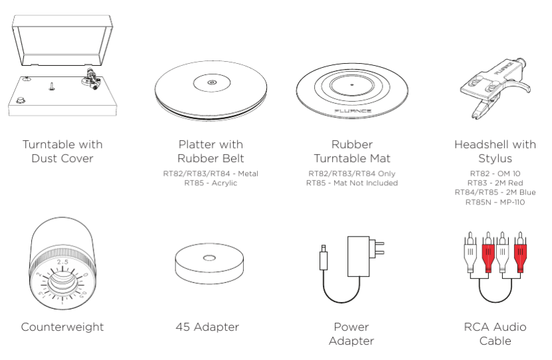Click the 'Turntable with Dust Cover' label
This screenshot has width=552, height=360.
click(x=62, y=151)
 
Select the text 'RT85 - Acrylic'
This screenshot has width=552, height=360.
click(x=211, y=183)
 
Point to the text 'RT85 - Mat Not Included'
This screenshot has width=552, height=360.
click(x=351, y=183)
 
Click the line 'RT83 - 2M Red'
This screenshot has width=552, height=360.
click(x=495, y=183)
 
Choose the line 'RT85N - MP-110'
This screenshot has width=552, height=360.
click(x=495, y=201)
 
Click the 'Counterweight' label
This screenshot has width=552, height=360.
click(x=62, y=327)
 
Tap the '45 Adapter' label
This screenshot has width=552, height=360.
click(x=211, y=327)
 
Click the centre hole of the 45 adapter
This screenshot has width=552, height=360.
click(x=210, y=259)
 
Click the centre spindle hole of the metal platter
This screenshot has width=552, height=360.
click(x=211, y=83)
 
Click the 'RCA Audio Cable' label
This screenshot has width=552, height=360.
click(x=495, y=333)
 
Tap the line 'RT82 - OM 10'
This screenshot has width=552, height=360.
click(x=495, y=173)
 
